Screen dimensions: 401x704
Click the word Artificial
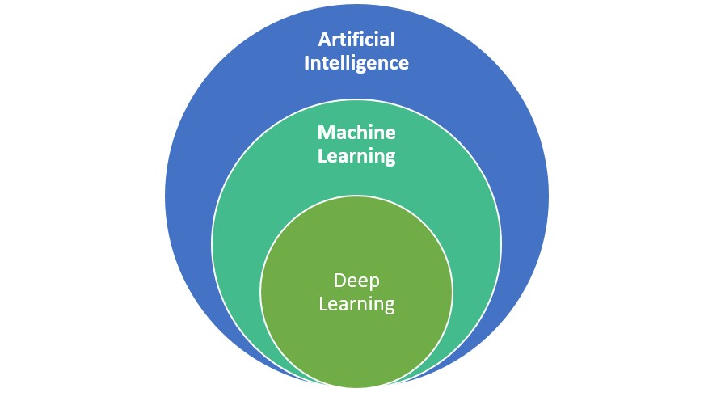(x=356, y=40)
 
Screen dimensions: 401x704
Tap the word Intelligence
(x=356, y=63)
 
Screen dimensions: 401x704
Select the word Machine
(x=356, y=133)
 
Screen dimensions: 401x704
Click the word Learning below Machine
(x=356, y=155)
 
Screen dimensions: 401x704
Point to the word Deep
(x=356, y=281)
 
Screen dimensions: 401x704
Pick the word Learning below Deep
(x=356, y=305)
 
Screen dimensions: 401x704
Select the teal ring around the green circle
(x=242, y=243)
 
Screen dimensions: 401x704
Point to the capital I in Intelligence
(x=307, y=62)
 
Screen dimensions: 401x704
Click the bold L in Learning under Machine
(x=322, y=154)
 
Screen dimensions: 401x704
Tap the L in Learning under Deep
(x=323, y=304)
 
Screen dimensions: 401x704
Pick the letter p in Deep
(x=374, y=283)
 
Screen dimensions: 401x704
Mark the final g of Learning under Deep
(x=389, y=307)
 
